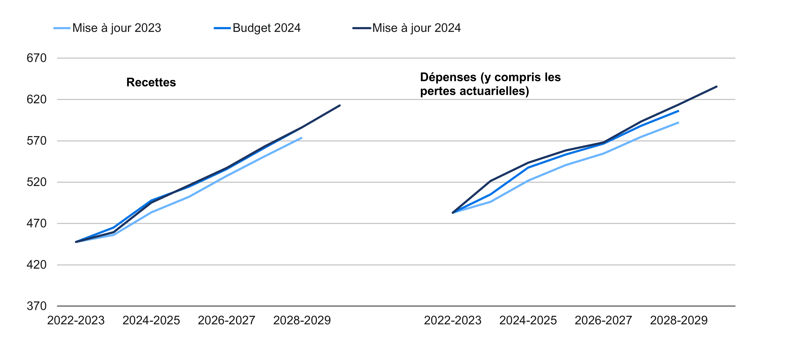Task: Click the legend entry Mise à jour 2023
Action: click(116, 28)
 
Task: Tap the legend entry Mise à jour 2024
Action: click(416, 28)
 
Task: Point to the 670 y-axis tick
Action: click(36, 58)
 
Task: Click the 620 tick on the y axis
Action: click(36, 99)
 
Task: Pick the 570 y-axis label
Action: click(36, 141)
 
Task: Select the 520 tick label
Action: click(36, 182)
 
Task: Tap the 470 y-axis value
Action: click(36, 223)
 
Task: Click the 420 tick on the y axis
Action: click(36, 265)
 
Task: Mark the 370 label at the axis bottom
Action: click(36, 306)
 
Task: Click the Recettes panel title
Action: click(151, 82)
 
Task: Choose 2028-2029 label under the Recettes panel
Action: click(302, 320)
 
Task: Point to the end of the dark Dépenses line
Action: click(716, 87)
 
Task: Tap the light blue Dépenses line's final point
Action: click(678, 122)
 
